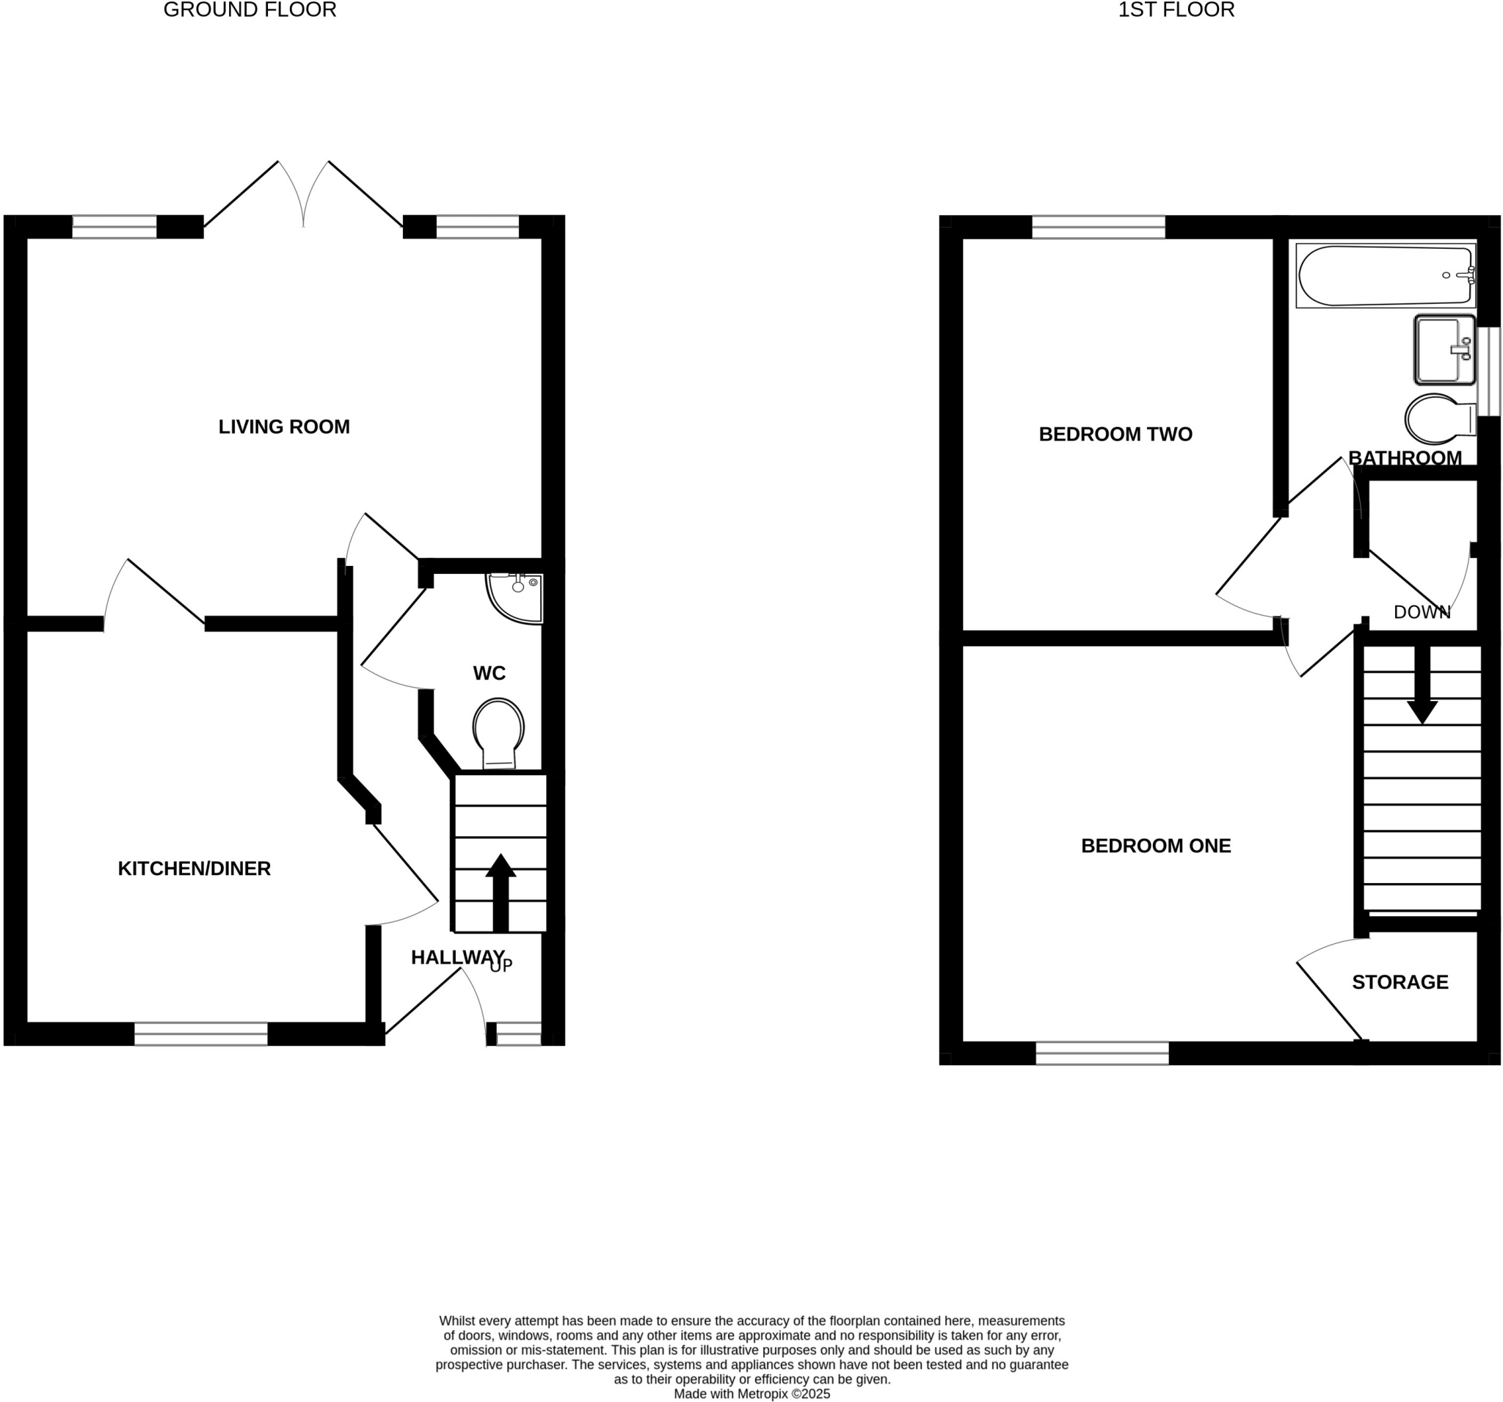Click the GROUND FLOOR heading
coord(250,10)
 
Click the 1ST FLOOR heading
coord(1176,10)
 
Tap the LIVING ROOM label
coord(283,427)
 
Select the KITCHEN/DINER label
coord(194,869)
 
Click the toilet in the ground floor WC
coord(498,731)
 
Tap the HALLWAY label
coord(456,957)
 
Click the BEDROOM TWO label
coord(1116,434)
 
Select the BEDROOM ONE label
coord(1155,846)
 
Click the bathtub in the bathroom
coord(1385,275)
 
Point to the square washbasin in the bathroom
coord(1444,349)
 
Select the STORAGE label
coord(1400,982)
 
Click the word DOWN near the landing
coord(1422,612)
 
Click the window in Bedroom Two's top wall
coord(1098,227)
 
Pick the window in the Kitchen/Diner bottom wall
coord(200,1034)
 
